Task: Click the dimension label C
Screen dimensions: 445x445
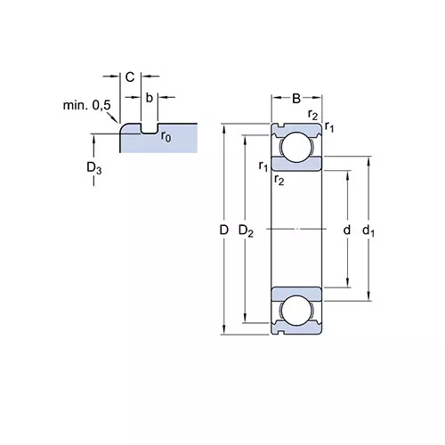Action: tap(130, 77)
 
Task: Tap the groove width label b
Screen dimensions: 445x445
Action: tap(150, 97)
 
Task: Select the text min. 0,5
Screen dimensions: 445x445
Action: tap(87, 105)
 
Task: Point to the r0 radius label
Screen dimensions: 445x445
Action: tap(166, 136)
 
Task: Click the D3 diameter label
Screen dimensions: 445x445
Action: tap(94, 168)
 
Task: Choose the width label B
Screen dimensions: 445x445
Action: tap(296, 98)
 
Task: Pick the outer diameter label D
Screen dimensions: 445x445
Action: tap(224, 230)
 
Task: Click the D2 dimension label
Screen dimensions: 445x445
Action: tap(246, 231)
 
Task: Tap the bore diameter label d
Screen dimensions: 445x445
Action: tap(346, 230)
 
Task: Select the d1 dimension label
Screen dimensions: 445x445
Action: tap(368, 231)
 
